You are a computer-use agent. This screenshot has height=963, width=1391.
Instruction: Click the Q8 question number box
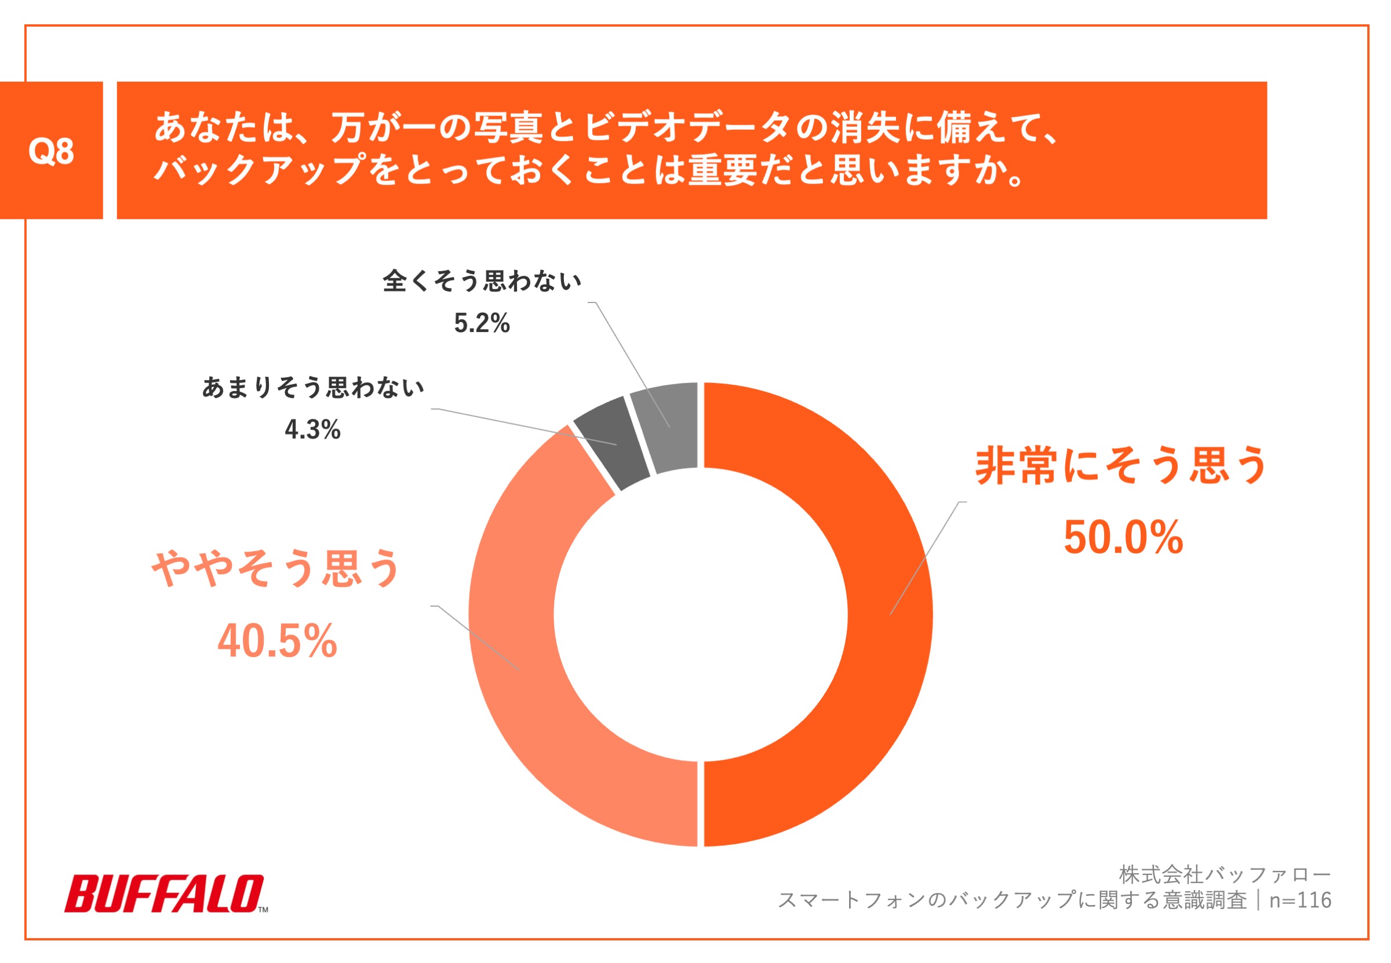pyautogui.click(x=52, y=150)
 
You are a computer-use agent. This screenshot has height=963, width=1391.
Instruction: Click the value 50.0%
pyautogui.click(x=1123, y=537)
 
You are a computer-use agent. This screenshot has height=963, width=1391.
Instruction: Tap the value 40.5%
pyautogui.click(x=277, y=641)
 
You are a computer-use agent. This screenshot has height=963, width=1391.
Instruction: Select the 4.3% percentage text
pyautogui.click(x=312, y=429)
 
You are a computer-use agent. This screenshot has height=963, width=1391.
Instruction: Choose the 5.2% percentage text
pyautogui.click(x=482, y=323)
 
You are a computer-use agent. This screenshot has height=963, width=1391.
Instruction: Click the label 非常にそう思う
pyautogui.click(x=1121, y=466)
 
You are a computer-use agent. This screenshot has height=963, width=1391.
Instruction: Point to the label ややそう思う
pyautogui.click(x=276, y=568)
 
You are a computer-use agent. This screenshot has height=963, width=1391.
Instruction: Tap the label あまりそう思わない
pyautogui.click(x=312, y=388)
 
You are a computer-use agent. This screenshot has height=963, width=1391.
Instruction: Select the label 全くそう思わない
pyautogui.click(x=482, y=280)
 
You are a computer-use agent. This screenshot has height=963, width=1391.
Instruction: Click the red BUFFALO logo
pyautogui.click(x=164, y=893)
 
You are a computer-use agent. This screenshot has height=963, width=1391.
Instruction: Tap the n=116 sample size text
pyautogui.click(x=1300, y=900)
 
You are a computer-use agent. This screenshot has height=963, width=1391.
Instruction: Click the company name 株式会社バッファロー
pyautogui.click(x=1225, y=873)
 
